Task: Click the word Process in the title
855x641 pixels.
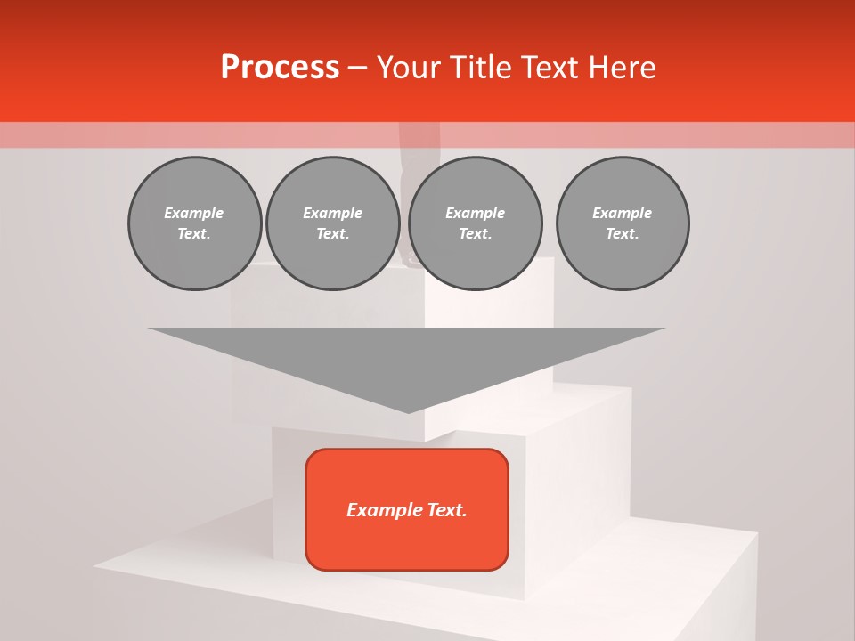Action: (x=280, y=68)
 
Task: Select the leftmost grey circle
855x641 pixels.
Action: (x=194, y=223)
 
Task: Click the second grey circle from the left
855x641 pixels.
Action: (x=332, y=223)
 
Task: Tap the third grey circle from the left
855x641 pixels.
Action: (x=475, y=223)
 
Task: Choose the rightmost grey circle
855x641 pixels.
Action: (x=623, y=223)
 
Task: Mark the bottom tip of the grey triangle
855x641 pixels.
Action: (x=408, y=411)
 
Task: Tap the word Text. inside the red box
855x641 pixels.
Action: (x=444, y=510)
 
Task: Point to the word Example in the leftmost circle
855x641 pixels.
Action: (x=194, y=213)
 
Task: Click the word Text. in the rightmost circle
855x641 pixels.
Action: (x=623, y=234)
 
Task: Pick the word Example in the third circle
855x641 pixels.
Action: (x=475, y=213)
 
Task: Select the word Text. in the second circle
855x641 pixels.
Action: (x=332, y=234)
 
